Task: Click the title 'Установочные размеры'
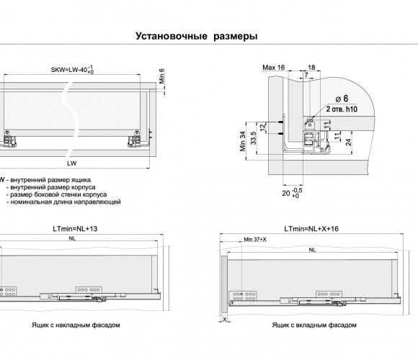coord(197,36)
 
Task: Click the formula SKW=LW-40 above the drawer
coord(72,70)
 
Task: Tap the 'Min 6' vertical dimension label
coord(162,76)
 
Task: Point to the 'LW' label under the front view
coord(72,163)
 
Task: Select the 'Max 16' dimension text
coord(274,68)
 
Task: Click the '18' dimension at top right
coord(311,68)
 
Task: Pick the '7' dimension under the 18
coord(306,75)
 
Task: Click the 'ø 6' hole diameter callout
coord(342,99)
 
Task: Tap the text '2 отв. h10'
coord(342,109)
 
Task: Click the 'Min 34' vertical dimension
coord(243,141)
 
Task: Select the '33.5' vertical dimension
coord(253,138)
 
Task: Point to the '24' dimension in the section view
coord(348,142)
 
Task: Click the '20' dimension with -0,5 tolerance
coord(292,193)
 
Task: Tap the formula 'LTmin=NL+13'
coord(75,229)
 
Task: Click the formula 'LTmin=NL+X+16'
coord(311,229)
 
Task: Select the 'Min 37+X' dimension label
coord(255,239)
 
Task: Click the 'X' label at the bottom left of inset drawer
coord(225,319)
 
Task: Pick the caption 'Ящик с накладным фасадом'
coord(76,325)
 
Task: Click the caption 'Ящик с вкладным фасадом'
coord(314,325)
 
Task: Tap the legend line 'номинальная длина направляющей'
coord(66,202)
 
